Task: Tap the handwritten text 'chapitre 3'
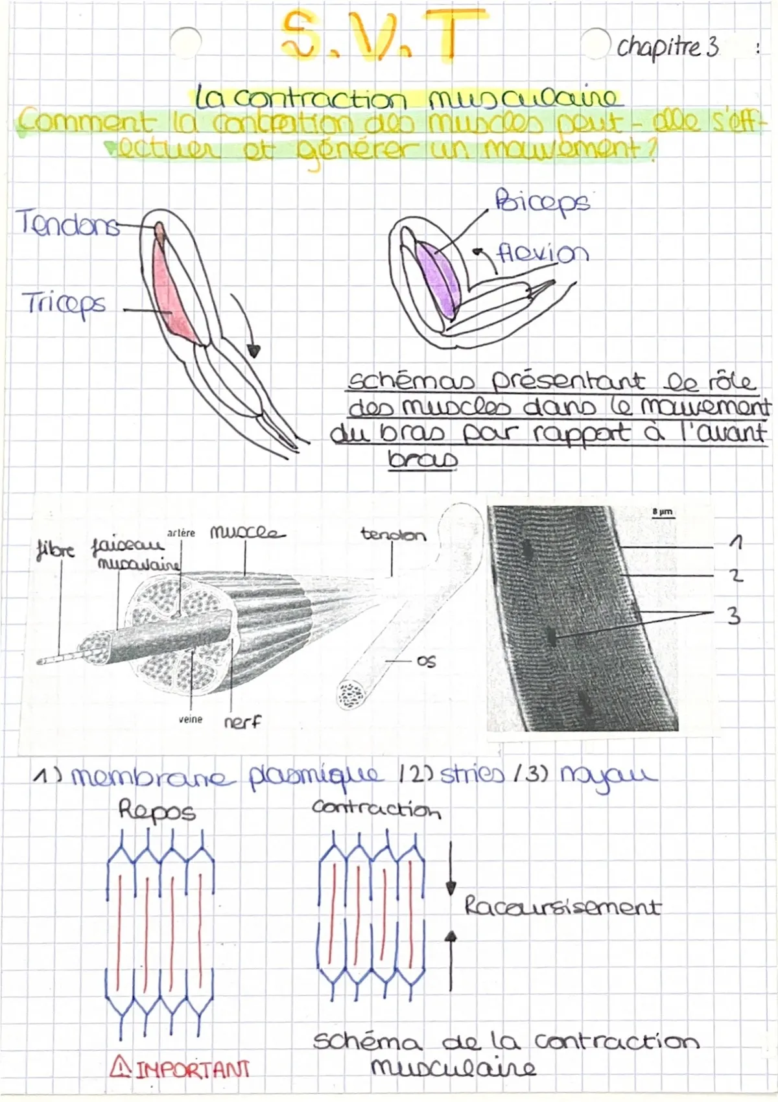(668, 47)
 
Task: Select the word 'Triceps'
(64, 304)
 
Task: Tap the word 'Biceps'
(542, 203)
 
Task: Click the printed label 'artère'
(181, 533)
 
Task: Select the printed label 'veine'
(191, 720)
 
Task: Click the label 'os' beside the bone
(427, 662)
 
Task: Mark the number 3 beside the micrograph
(733, 616)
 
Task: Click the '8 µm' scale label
(663, 512)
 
